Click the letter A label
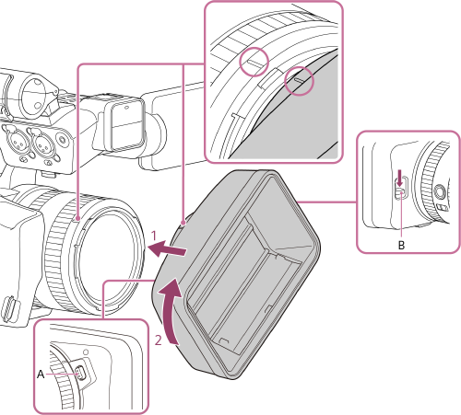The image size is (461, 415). point(40,374)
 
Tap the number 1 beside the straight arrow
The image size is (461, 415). point(157,236)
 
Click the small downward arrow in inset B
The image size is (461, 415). point(397,175)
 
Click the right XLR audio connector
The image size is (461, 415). point(43,143)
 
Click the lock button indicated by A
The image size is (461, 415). point(80,373)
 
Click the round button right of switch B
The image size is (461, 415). point(439,192)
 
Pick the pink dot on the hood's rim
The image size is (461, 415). point(185,221)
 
